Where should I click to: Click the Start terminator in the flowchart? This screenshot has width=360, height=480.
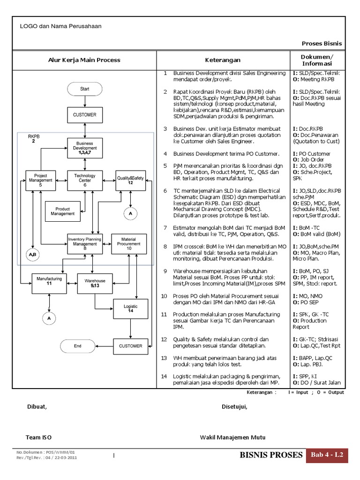click(x=84, y=88)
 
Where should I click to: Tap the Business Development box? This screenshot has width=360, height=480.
click(x=84, y=148)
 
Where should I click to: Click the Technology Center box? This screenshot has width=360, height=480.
click(x=84, y=180)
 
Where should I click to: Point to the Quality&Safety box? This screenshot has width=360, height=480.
click(x=131, y=180)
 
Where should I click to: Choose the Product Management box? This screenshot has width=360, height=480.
click(x=62, y=211)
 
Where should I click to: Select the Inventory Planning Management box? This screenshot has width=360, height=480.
click(x=84, y=244)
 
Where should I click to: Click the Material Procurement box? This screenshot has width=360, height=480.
click(x=129, y=244)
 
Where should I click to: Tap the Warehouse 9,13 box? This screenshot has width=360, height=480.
click(x=95, y=283)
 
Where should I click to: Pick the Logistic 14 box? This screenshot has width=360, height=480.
click(x=131, y=308)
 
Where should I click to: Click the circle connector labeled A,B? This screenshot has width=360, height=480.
click(x=31, y=255)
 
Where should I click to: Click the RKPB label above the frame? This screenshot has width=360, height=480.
click(x=34, y=137)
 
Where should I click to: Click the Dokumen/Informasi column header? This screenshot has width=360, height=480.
click(x=317, y=60)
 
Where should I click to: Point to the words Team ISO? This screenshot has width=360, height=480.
click(x=39, y=437)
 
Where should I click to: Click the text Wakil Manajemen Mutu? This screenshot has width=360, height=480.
click(x=232, y=437)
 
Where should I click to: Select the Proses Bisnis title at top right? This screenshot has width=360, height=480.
click(x=322, y=44)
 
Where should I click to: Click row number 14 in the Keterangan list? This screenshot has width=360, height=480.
click(x=164, y=376)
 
